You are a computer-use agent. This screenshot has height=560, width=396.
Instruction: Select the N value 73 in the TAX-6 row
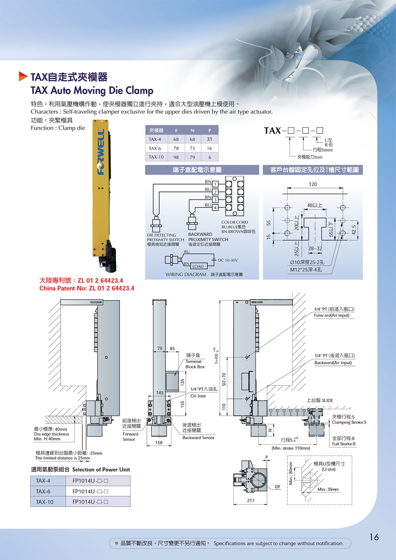[x=192, y=148]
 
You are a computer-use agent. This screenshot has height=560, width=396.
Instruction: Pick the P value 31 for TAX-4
[x=209, y=139]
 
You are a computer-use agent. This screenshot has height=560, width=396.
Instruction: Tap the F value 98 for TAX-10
[x=176, y=157]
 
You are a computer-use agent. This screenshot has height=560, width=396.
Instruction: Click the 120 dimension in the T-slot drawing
[x=313, y=184]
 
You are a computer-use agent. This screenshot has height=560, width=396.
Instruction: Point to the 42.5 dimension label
[x=354, y=230]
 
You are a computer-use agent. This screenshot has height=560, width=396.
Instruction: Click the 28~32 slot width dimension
[x=315, y=248]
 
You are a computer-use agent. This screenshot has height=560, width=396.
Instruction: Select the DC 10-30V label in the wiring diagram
[x=228, y=260]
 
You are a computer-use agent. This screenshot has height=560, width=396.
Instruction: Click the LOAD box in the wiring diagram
[x=198, y=267]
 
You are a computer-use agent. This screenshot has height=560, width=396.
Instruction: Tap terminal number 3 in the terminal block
[x=215, y=200]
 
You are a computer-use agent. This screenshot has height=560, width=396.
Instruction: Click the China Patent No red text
[x=87, y=288]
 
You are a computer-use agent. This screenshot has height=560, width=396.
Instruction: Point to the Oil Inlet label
[x=198, y=396]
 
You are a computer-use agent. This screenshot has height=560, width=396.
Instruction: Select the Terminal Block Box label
[x=195, y=364]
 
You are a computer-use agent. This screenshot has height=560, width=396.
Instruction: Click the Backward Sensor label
[x=198, y=438]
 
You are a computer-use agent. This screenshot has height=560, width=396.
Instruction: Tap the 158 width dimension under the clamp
[x=159, y=442]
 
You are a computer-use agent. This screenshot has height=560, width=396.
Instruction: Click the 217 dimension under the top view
[x=251, y=500]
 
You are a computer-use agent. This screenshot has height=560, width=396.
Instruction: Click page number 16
[x=374, y=537]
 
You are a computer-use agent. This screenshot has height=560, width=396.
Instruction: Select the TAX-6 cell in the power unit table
[x=43, y=491]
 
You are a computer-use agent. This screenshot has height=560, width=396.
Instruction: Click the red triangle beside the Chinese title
[x=23, y=76]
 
